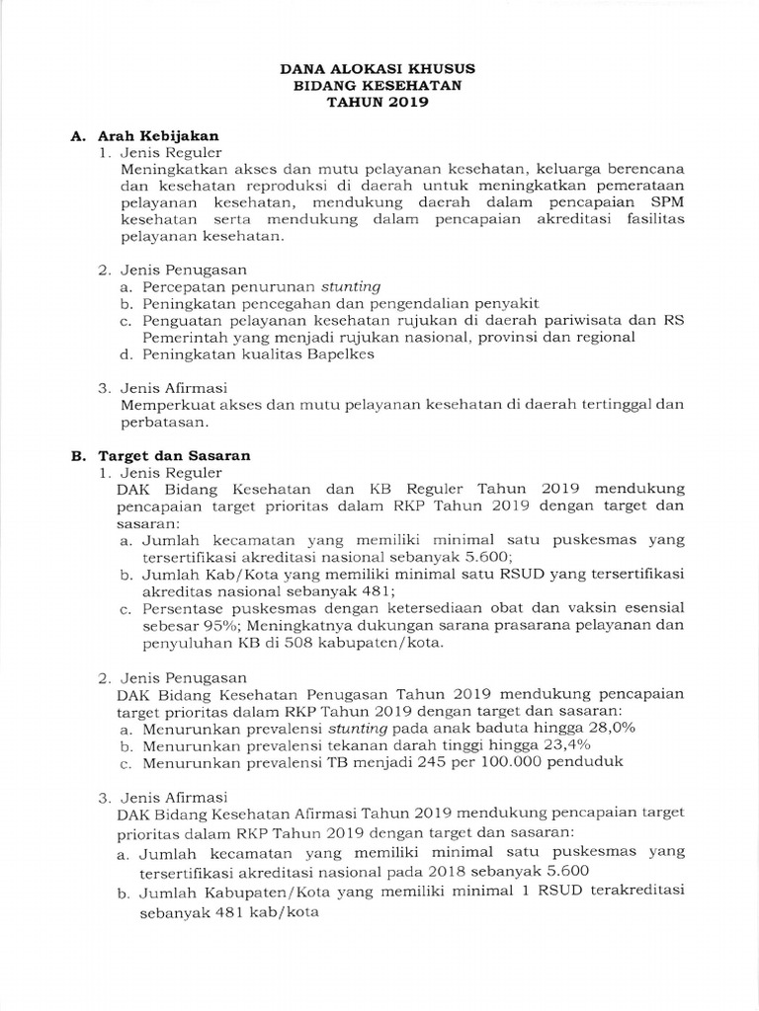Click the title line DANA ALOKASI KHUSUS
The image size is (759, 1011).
tap(379, 70)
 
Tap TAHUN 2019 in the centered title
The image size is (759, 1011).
tap(379, 102)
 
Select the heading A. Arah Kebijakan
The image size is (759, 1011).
tap(144, 135)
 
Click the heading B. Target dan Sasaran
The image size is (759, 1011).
tap(161, 455)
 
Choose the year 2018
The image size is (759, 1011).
tap(449, 870)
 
